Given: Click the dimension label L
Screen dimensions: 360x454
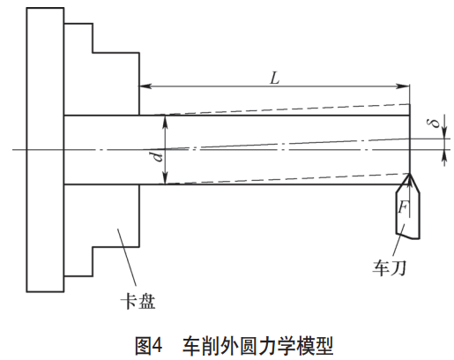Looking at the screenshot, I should pyautogui.click(x=274, y=77).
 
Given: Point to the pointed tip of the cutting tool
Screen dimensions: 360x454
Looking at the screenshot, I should pyautogui.click(x=407, y=174).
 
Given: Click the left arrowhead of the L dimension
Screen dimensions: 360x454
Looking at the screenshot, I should pyautogui.click(x=144, y=86).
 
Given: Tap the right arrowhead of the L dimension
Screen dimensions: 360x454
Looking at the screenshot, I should pyautogui.click(x=406, y=86).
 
